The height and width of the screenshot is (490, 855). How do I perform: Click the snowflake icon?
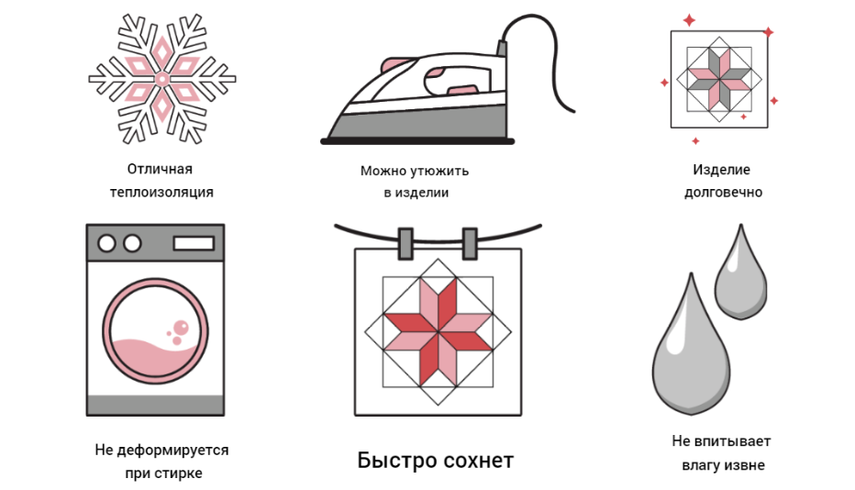coord(162,79)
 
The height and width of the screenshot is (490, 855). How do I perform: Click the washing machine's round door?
coord(155,330)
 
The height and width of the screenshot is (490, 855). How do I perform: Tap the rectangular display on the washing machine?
coord(194,243)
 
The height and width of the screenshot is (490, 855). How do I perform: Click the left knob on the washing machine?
coord(106,243)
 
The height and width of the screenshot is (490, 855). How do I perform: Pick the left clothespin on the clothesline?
coord(405,243)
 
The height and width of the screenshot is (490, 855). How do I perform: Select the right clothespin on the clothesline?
coord(470,243)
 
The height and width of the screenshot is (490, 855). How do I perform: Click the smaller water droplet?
coord(740,272)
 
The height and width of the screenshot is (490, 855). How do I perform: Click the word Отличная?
coord(160,169)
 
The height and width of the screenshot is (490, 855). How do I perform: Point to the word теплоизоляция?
coord(161,192)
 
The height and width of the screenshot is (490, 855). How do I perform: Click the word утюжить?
coord(439,171)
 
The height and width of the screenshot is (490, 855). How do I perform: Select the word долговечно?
coord(723,192)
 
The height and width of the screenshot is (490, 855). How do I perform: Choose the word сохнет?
coord(478,461)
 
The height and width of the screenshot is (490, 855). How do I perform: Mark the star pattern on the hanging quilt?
coord(438,332)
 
